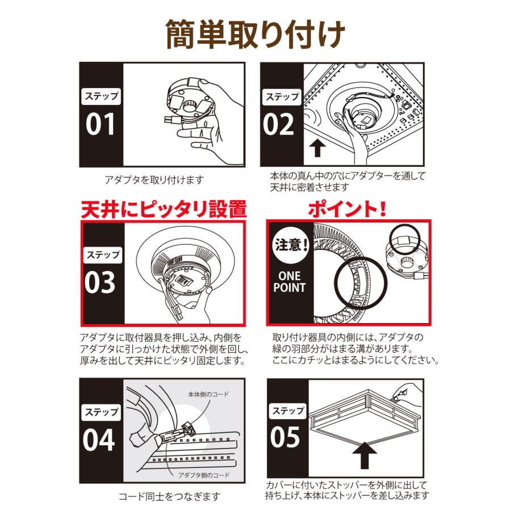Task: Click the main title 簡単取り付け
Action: coord(255,35)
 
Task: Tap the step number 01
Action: coord(100,125)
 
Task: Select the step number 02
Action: coord(280,125)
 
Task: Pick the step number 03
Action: coord(100,283)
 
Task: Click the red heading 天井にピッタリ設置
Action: coord(164,209)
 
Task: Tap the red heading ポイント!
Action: coord(347,209)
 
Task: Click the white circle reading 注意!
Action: coord(290,247)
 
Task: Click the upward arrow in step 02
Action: coord(319,148)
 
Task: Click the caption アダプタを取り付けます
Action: coord(154,180)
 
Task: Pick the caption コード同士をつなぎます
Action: coord(169,497)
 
